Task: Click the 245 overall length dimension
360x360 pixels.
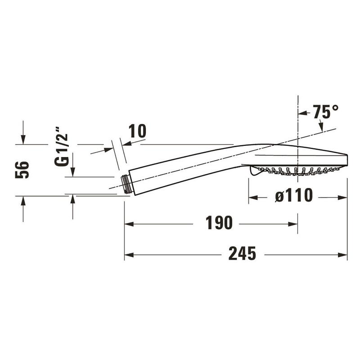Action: click(x=242, y=253)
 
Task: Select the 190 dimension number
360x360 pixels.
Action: click(x=219, y=223)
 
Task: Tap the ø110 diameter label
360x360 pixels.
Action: click(x=294, y=195)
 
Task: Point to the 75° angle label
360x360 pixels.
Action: click(x=326, y=112)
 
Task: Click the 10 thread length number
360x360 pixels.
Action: click(x=137, y=131)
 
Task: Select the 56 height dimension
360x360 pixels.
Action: click(x=22, y=170)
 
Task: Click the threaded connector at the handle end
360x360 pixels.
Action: click(x=126, y=184)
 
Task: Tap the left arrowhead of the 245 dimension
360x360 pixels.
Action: click(x=129, y=255)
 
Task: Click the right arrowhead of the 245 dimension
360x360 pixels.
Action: click(x=342, y=255)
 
